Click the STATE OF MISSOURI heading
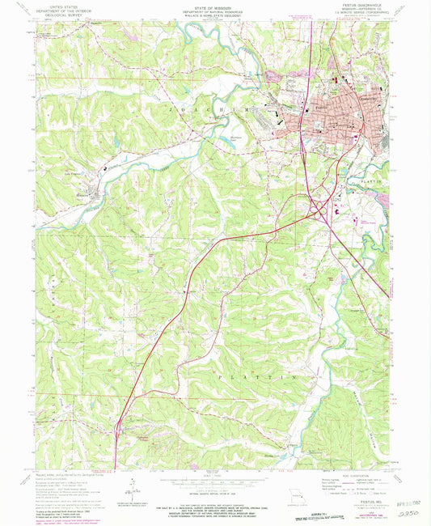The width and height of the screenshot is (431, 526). [x=214, y=6]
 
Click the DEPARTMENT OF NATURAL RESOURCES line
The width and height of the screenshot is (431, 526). [x=214, y=11]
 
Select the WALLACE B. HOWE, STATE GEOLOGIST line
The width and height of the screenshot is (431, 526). [x=214, y=15]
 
